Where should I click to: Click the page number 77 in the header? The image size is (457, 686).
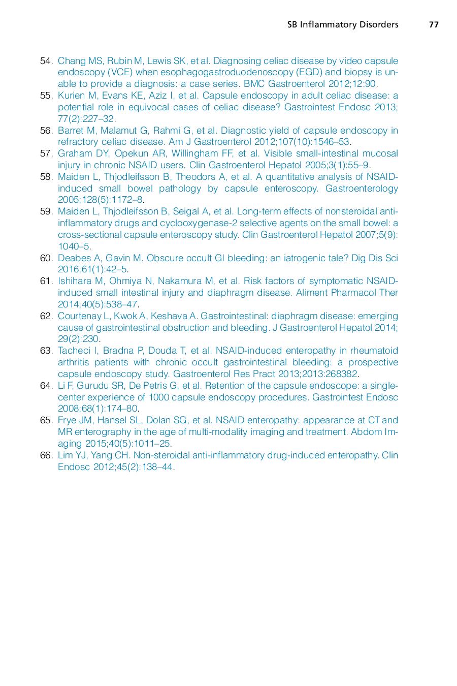[x=433, y=24]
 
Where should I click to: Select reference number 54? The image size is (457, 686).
[x=46, y=61]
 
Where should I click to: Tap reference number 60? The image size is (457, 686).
[x=46, y=258]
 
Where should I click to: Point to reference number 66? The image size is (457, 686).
[x=46, y=455]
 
